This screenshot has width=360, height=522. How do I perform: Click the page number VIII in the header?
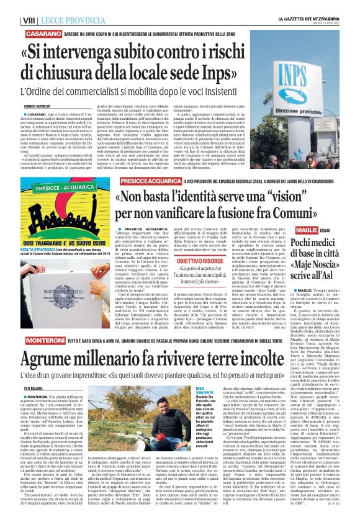click(11, 6)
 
